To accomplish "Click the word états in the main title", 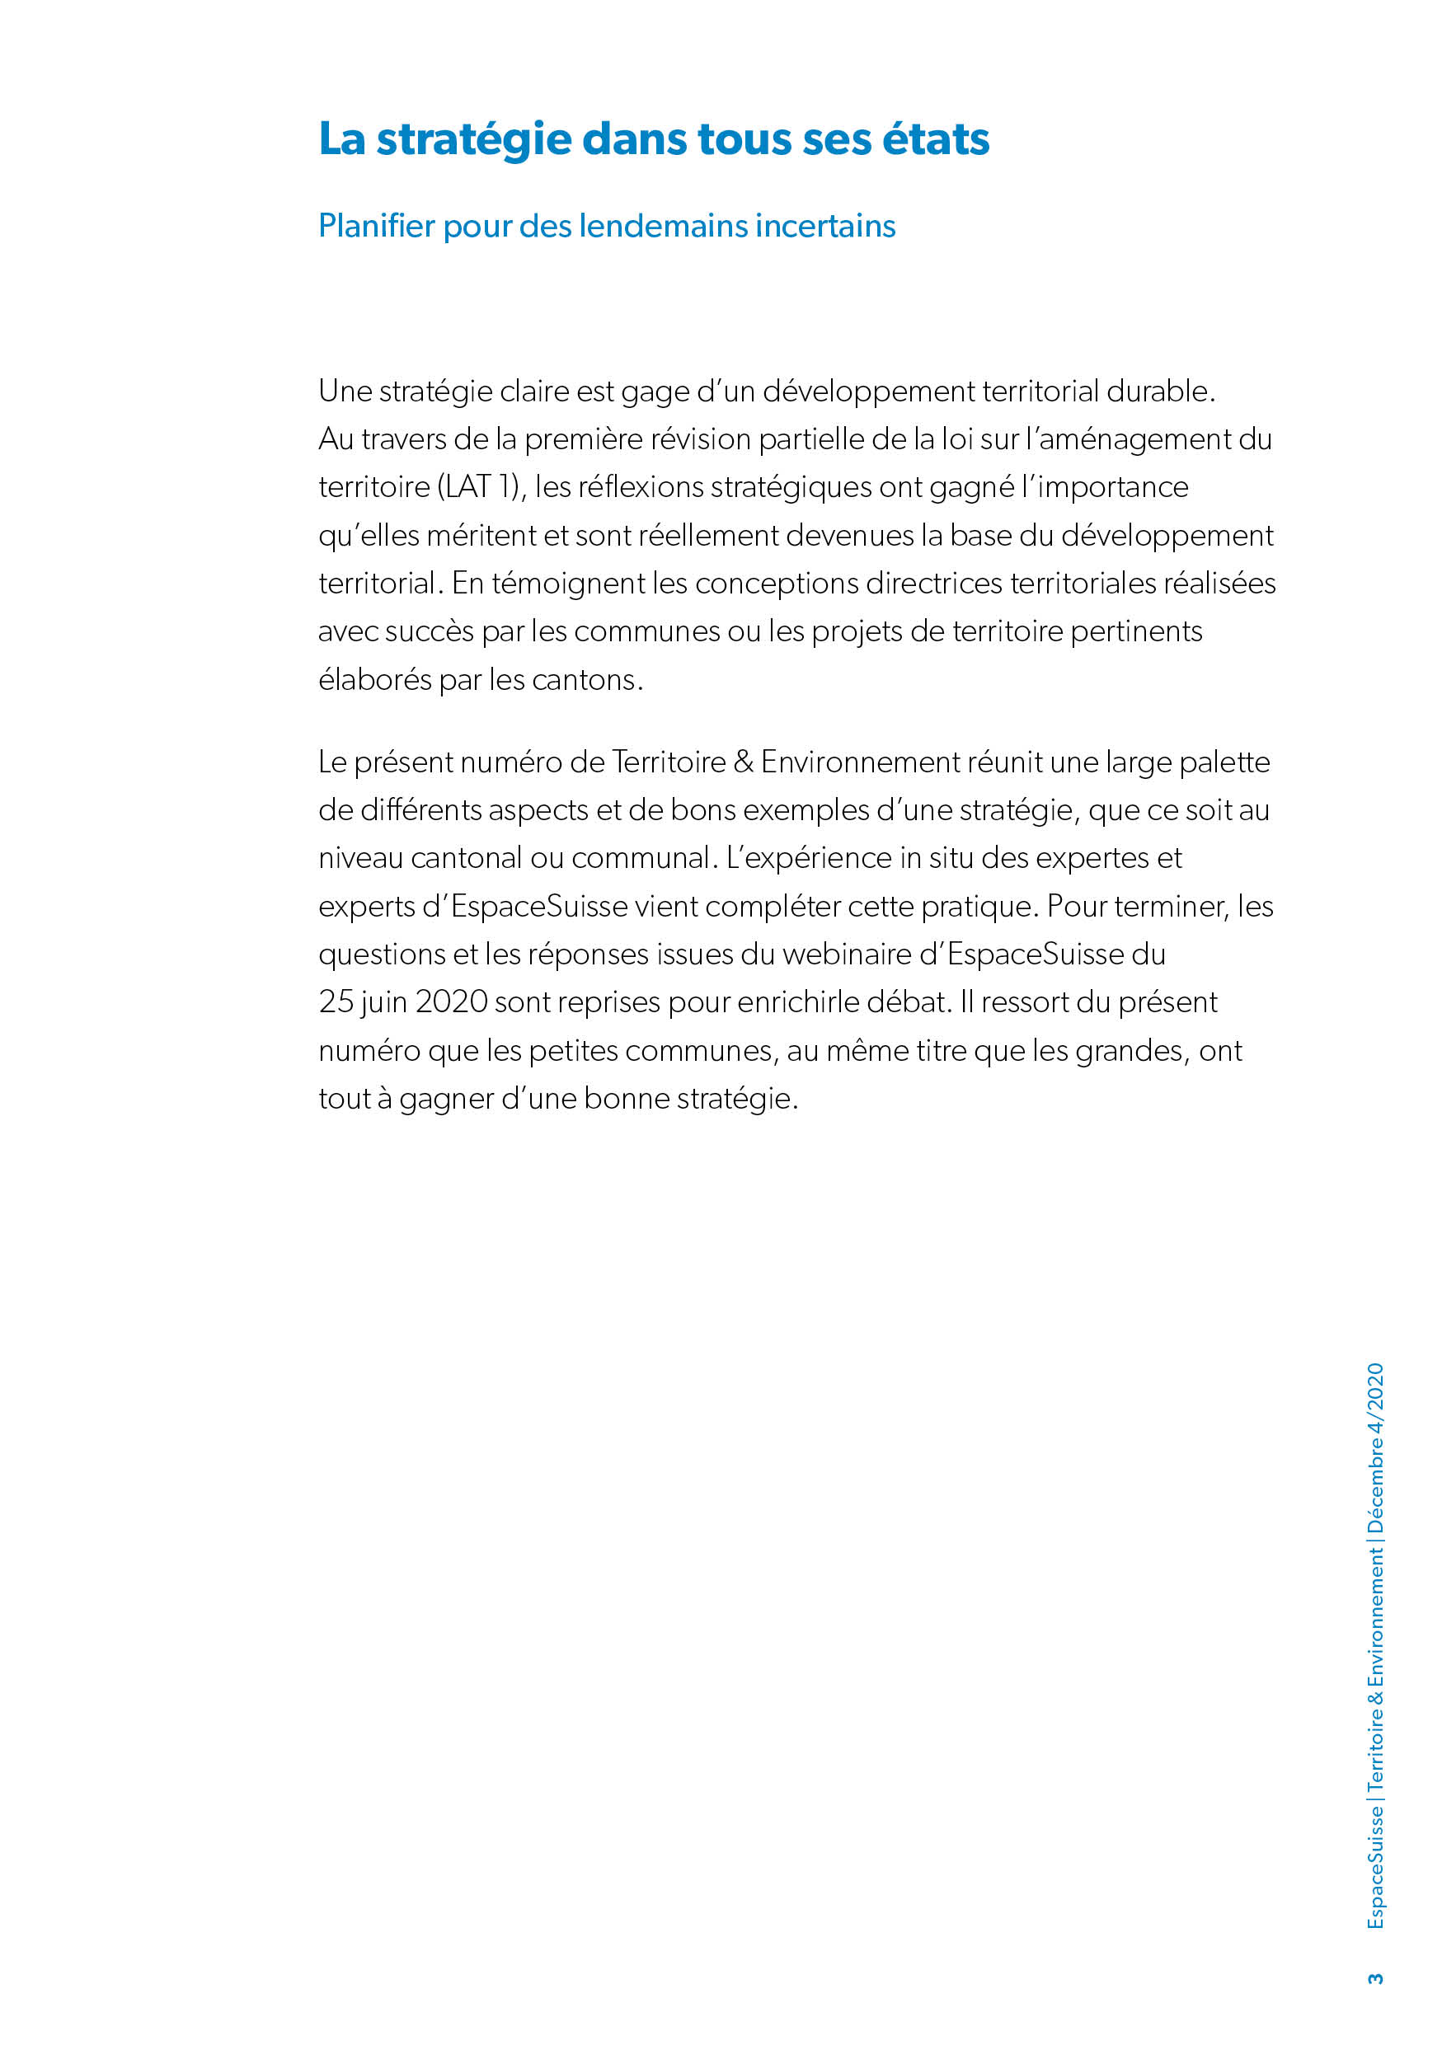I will pos(935,139).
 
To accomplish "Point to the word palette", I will pos(1224,762).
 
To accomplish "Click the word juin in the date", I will pos(384,1002).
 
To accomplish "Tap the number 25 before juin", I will pos(336,1002).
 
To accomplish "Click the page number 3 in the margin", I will pos(1376,1978).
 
